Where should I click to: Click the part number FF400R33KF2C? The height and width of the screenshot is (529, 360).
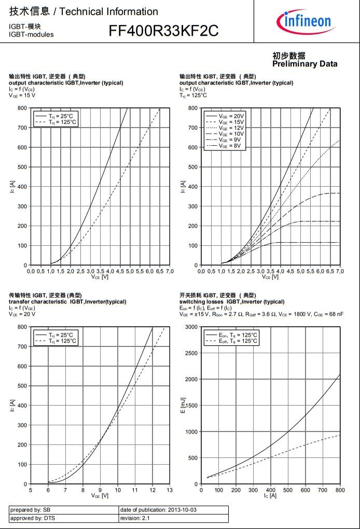pos(163,32)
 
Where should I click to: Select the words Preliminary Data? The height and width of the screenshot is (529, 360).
pos(304,64)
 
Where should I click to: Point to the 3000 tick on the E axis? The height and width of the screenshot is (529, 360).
pos(191,327)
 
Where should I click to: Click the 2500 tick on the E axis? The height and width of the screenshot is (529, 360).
pos(191,353)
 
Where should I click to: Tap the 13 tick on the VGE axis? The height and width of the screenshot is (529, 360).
pos(170,490)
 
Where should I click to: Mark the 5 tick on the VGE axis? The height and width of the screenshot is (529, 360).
pos(31,490)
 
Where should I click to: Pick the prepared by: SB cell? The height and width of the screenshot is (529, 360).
pos(30,510)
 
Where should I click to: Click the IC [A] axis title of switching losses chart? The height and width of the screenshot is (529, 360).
pos(270,496)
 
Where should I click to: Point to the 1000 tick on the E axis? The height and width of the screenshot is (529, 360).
pos(191,431)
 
